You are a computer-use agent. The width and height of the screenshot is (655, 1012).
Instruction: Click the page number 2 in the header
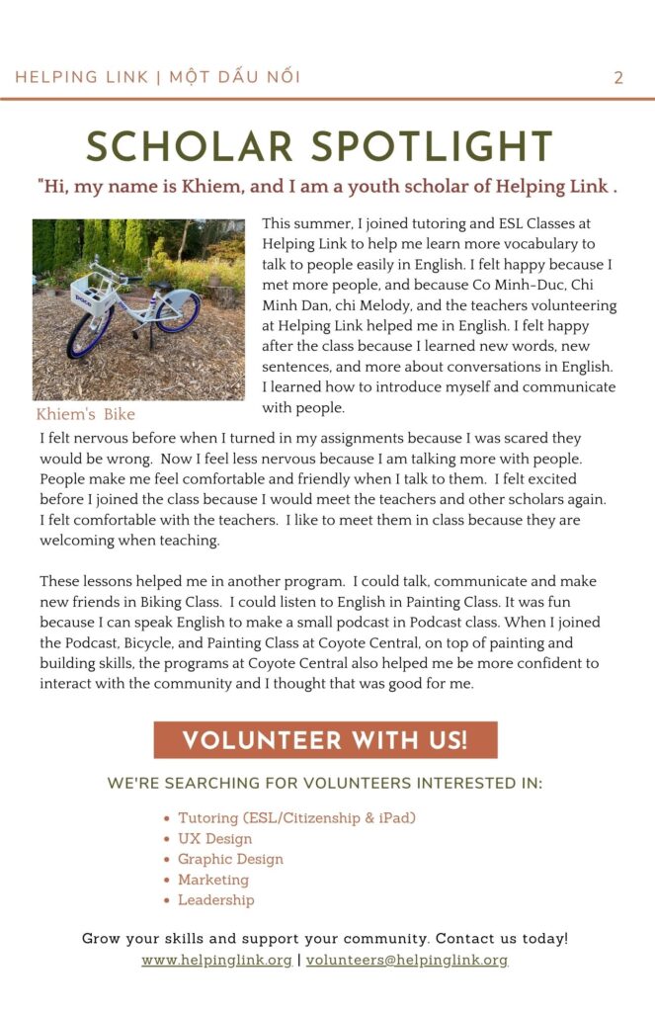tap(618, 78)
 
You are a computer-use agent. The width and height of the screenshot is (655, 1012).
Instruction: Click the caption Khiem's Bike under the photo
tap(86, 414)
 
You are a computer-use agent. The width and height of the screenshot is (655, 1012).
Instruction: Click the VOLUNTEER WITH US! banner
tap(325, 740)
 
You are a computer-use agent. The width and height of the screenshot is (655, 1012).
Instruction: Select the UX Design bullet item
tap(214, 839)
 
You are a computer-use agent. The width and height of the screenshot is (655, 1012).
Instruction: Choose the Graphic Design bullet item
tap(230, 859)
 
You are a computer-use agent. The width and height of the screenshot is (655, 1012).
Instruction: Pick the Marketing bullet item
tap(213, 880)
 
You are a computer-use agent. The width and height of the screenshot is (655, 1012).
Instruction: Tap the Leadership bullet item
tap(215, 900)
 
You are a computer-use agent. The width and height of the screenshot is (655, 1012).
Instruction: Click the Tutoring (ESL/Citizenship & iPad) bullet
tap(296, 818)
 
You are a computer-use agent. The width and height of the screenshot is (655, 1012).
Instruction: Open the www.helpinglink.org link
tap(216, 960)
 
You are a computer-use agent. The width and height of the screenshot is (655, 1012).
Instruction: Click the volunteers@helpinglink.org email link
tap(407, 960)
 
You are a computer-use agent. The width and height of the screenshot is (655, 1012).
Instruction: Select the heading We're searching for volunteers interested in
tap(325, 784)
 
